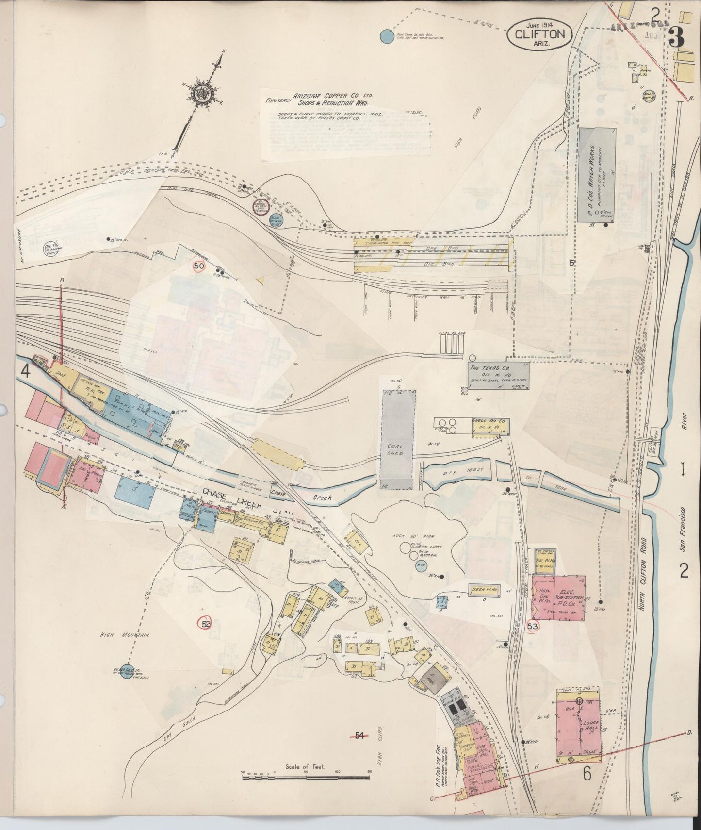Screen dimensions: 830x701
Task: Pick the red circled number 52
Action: pyautogui.click(x=206, y=624)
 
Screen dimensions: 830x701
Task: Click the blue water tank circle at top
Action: pyautogui.click(x=386, y=36)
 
